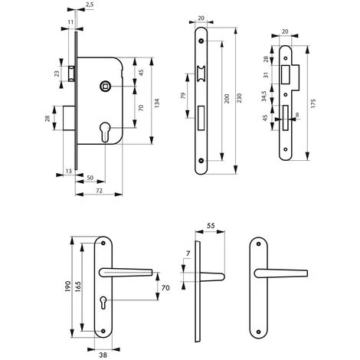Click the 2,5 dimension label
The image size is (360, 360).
(90, 5)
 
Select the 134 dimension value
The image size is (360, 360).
(157, 103)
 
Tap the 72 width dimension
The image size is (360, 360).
(99, 191)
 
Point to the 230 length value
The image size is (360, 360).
(239, 98)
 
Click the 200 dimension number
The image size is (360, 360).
(227, 99)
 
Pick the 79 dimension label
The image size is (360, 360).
(183, 96)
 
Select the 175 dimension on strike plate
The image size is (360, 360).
(313, 103)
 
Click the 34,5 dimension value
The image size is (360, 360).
(264, 97)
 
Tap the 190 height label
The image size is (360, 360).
(67, 286)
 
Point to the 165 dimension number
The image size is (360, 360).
(78, 287)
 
